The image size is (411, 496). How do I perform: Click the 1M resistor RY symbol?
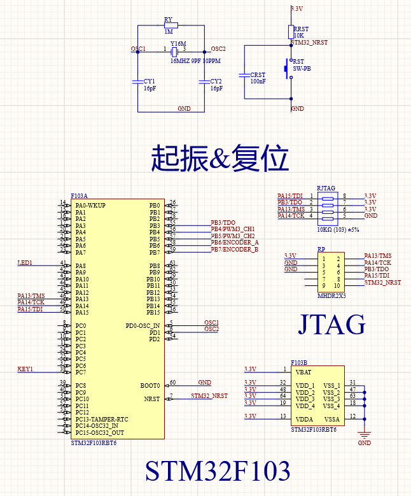[x=171, y=25]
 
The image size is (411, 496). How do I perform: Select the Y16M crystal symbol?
[x=174, y=50]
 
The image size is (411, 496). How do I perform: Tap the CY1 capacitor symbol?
[x=137, y=81]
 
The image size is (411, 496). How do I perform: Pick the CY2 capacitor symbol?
[x=204, y=81]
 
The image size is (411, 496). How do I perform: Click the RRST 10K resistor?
[x=291, y=32]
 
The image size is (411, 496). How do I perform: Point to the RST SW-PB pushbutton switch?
[x=289, y=66]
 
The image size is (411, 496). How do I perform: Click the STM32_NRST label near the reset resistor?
[x=309, y=43]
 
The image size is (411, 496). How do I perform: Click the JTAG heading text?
[x=331, y=325]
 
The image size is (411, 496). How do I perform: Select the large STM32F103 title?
[x=218, y=471]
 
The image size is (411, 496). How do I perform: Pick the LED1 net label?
[x=25, y=263]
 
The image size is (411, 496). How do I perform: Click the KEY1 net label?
[x=25, y=369]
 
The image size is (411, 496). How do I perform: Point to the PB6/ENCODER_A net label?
[x=235, y=243]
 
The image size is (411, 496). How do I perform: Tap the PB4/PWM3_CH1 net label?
[x=233, y=229]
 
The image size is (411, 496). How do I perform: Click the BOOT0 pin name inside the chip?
[x=150, y=386]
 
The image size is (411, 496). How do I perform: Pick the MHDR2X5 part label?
[x=331, y=296]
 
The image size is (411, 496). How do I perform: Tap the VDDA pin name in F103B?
[x=305, y=419]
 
